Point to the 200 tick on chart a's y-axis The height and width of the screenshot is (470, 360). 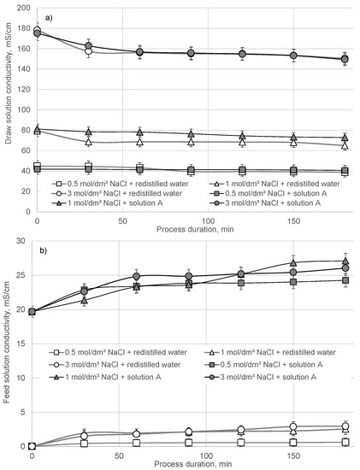tap(21, 9)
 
